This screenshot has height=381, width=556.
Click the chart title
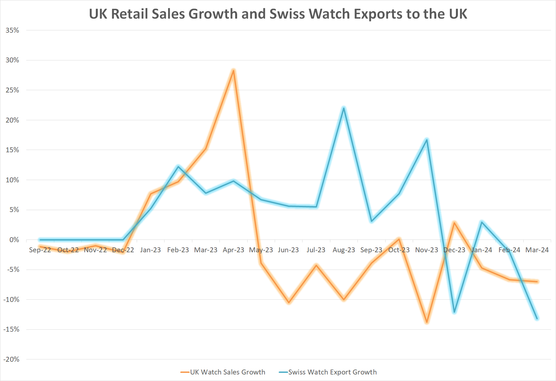coord(278,14)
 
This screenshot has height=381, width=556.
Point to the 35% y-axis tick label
coord(12,30)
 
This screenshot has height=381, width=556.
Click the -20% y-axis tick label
coord(11,359)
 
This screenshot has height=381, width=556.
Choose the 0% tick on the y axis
coord(14,240)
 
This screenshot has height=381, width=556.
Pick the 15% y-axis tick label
coord(12,150)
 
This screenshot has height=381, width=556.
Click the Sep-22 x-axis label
coord(40,250)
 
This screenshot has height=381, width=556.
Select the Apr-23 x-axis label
coord(233,250)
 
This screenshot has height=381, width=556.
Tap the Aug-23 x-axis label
coord(344,250)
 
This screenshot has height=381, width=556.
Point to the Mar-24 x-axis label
coord(537,250)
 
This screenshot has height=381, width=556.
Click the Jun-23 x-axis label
coord(288,250)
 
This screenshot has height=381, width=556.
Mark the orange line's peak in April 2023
coord(233,70)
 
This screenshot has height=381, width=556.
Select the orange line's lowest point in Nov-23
coord(427,322)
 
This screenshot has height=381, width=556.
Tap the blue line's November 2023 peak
coord(427,140)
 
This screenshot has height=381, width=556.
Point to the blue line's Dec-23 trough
coord(454,312)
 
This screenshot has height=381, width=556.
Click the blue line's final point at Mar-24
coord(537,319)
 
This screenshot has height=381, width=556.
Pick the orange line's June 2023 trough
coord(288,303)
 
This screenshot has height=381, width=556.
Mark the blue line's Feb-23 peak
coord(178,166)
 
